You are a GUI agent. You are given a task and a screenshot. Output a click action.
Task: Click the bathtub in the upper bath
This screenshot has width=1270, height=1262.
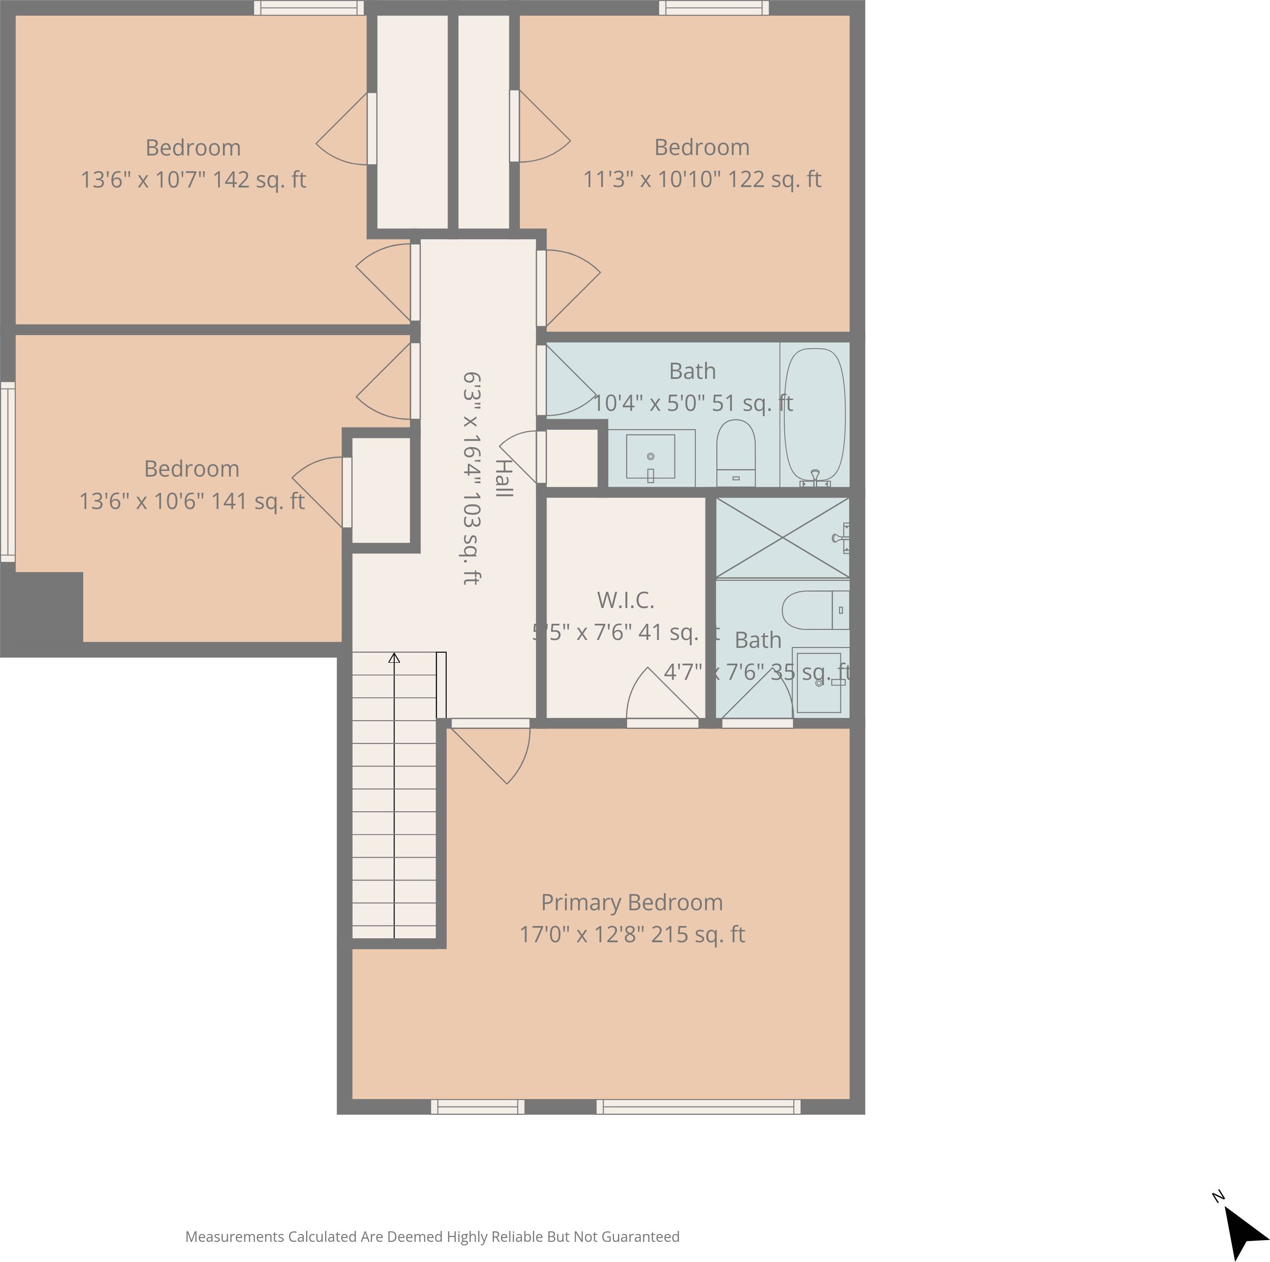click(x=815, y=415)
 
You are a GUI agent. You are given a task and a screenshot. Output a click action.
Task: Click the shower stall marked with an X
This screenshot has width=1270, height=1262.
click(x=782, y=538)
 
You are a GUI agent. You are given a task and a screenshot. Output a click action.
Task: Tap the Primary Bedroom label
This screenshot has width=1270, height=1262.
click(x=631, y=902)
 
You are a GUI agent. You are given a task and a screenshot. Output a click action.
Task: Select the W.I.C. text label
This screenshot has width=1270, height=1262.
click(x=625, y=600)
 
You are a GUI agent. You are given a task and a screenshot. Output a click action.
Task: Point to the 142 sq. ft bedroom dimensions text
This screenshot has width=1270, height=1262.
click(x=193, y=180)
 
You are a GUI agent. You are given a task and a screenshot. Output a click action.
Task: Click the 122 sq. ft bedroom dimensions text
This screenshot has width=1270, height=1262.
click(x=702, y=180)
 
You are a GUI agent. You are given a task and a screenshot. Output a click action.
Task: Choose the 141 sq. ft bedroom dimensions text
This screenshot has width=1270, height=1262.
click(x=191, y=501)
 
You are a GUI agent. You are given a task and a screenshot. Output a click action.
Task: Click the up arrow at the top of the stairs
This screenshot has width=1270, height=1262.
click(x=394, y=658)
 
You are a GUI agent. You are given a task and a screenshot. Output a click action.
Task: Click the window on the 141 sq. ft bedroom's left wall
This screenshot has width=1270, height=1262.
click(x=7, y=472)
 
